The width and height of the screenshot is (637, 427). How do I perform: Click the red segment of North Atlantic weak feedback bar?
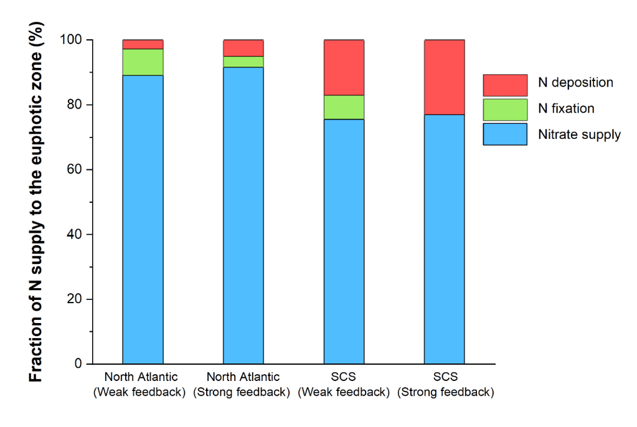(x=143, y=44)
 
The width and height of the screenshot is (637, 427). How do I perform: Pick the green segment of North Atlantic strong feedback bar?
(x=243, y=62)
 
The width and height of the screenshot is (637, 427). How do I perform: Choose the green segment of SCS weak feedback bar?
(x=344, y=107)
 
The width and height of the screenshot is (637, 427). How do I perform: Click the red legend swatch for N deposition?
(x=505, y=85)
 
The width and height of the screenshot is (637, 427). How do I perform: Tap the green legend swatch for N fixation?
(x=505, y=109)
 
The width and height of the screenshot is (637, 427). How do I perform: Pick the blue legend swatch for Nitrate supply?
(x=505, y=133)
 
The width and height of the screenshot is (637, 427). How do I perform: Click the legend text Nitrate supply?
(x=579, y=134)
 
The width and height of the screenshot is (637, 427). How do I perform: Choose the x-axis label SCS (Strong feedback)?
(x=445, y=385)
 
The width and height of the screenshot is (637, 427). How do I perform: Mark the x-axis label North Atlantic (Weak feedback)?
(x=141, y=385)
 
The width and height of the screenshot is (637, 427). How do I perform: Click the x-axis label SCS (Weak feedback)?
(x=344, y=385)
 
